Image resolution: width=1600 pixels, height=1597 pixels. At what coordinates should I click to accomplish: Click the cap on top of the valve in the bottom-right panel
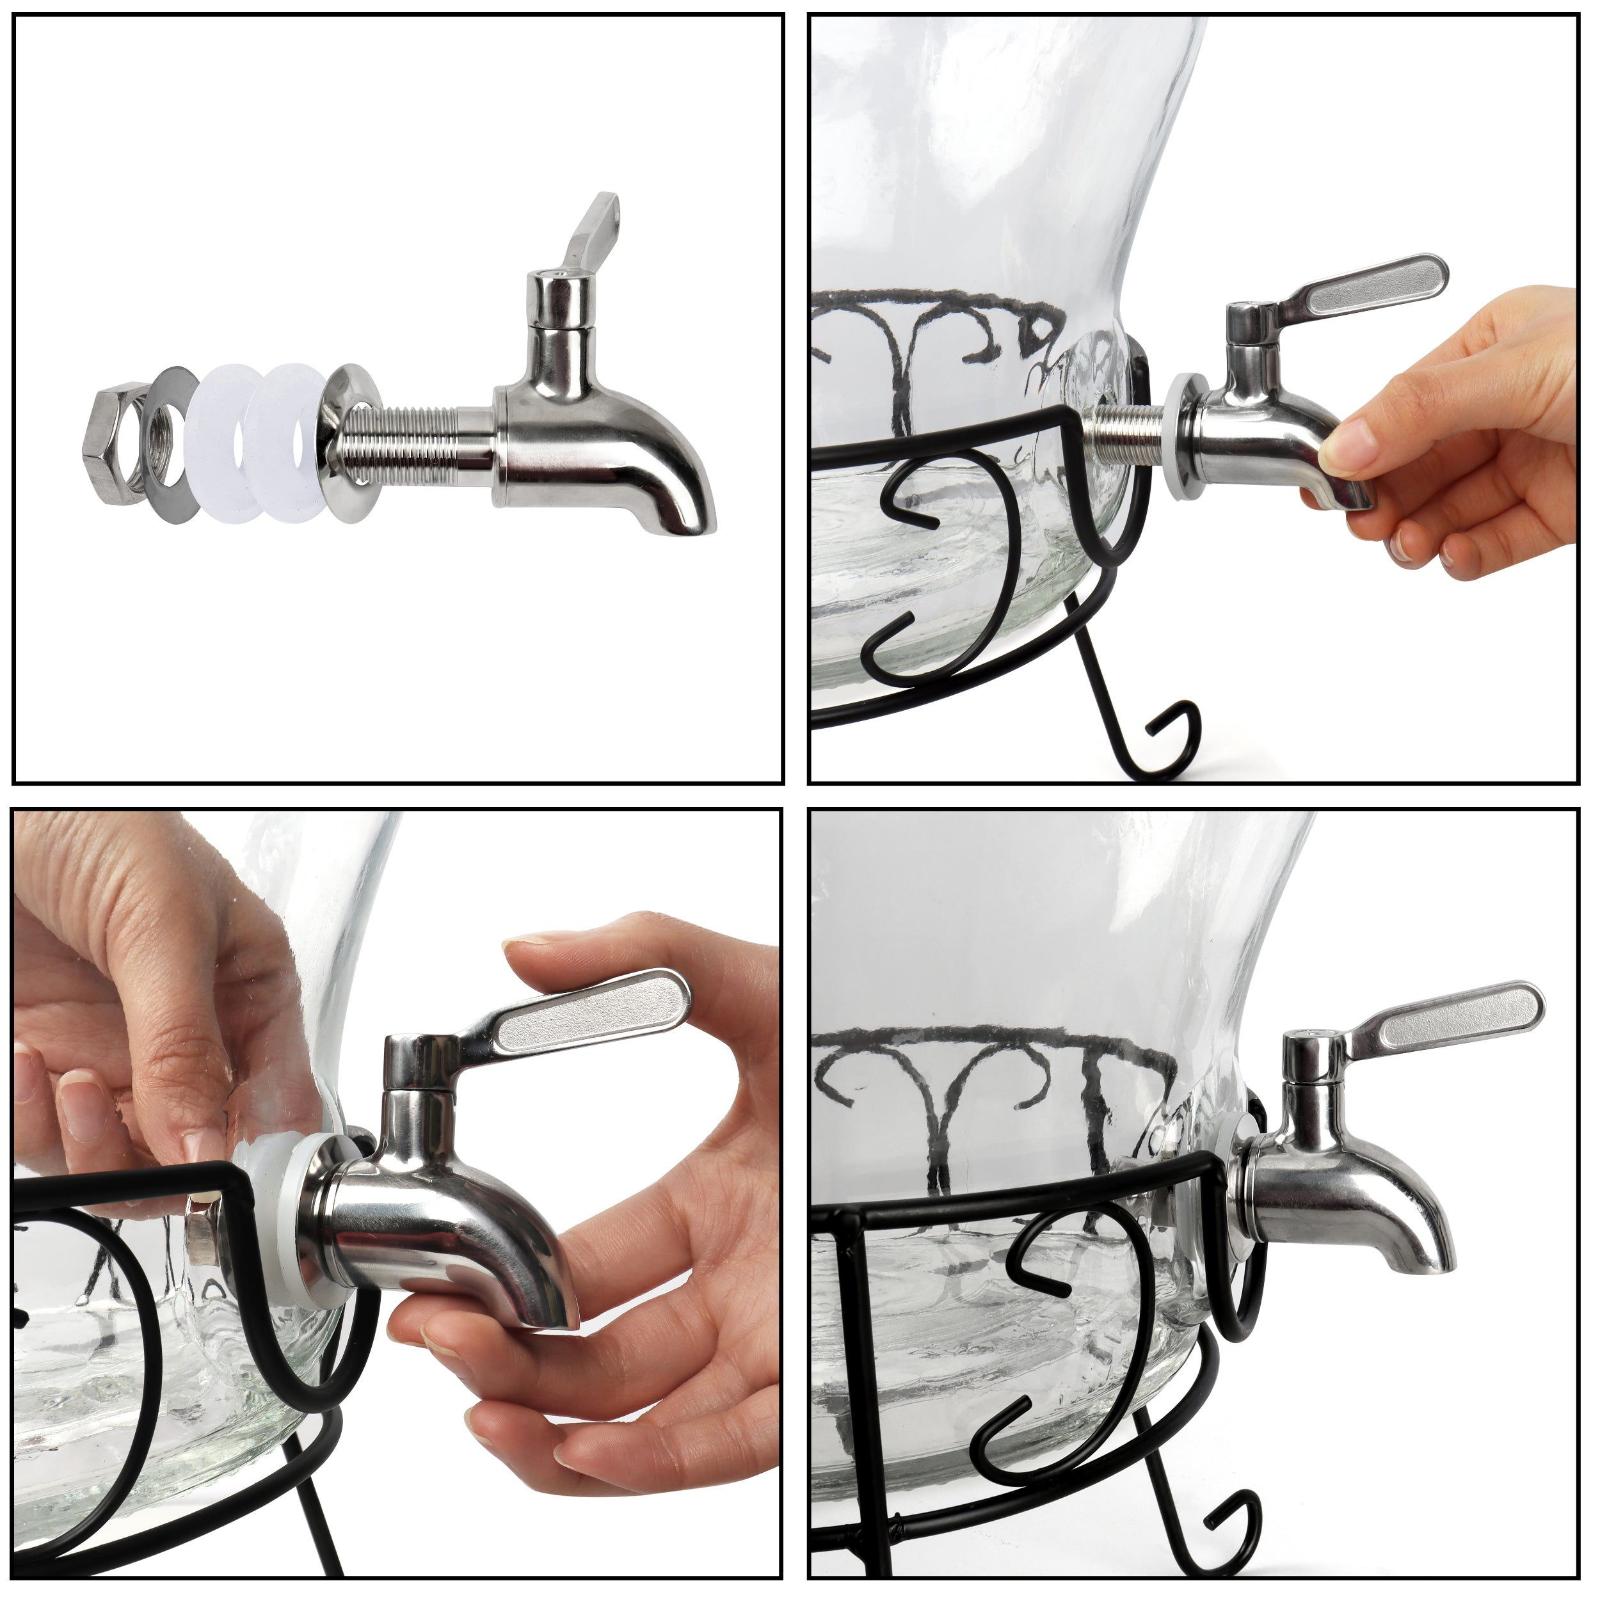click(1307, 1044)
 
